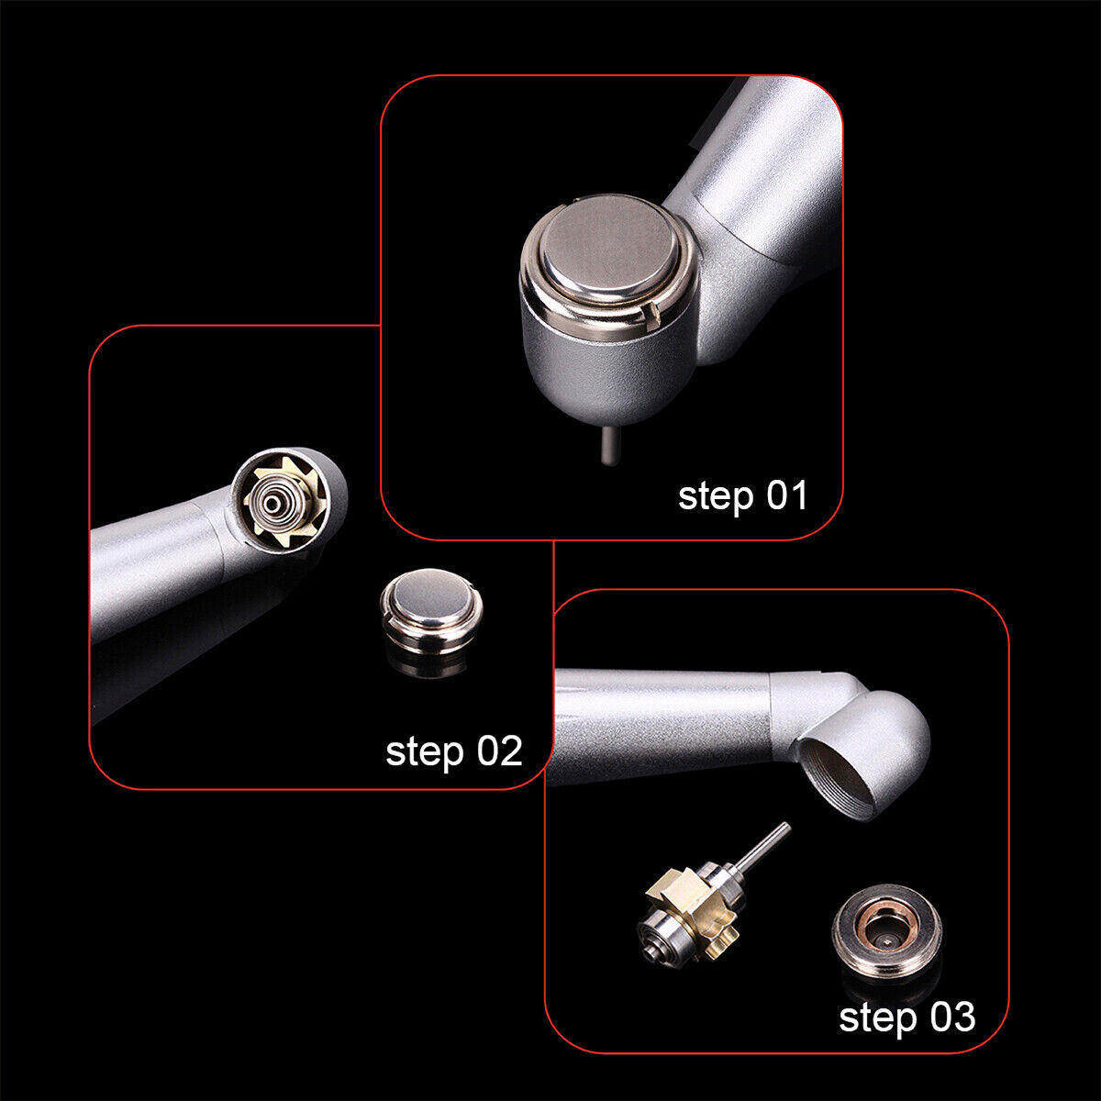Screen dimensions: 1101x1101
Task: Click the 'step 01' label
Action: [x=742, y=495]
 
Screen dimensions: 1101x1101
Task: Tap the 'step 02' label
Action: [x=453, y=751]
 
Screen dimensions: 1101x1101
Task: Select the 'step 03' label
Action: [x=906, y=1017]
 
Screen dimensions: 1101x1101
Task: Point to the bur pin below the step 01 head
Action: [x=606, y=446]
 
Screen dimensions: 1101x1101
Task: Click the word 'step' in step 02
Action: [x=425, y=752]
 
